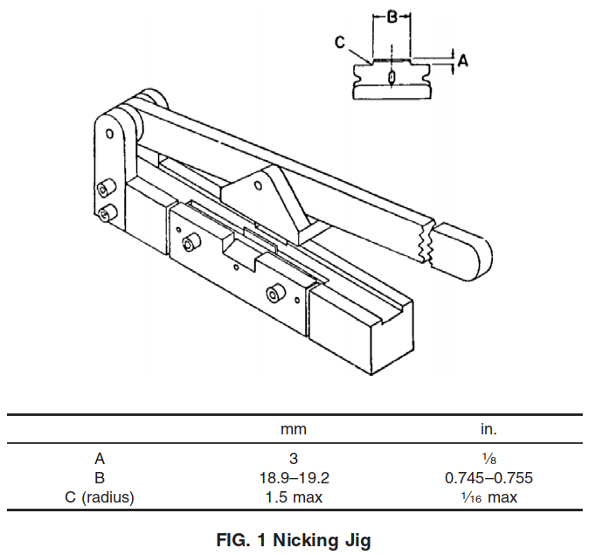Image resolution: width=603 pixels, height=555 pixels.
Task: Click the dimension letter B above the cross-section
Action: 392,17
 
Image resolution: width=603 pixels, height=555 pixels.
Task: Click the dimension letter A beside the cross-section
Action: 462,61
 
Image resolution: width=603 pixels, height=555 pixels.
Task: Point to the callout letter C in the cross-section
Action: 340,42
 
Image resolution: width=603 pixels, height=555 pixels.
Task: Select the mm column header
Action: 294,429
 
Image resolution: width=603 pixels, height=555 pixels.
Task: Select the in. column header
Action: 489,428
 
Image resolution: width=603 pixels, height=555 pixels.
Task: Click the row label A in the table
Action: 100,459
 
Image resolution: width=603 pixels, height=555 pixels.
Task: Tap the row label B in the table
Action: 100,478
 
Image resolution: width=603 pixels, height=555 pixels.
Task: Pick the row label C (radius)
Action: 100,497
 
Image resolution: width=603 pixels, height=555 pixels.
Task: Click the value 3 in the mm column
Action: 294,459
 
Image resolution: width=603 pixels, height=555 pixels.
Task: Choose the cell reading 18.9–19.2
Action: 295,478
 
